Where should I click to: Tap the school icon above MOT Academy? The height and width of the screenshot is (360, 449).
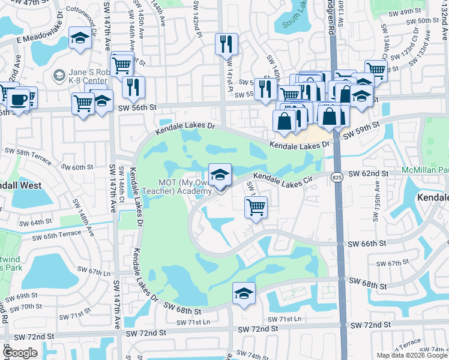coord(220,175)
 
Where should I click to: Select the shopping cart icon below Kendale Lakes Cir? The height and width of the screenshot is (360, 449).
coord(256,208)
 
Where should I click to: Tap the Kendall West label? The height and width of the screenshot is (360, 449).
coord(21,185)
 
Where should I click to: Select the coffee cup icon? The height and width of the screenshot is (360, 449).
coord(19,98)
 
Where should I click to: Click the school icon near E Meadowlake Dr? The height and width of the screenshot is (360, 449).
coord(79,39)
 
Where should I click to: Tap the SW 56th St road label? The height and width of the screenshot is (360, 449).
coord(137,107)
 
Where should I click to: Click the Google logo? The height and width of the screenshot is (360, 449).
coord(20,353)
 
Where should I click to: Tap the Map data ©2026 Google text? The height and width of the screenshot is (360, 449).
coord(411,355)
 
